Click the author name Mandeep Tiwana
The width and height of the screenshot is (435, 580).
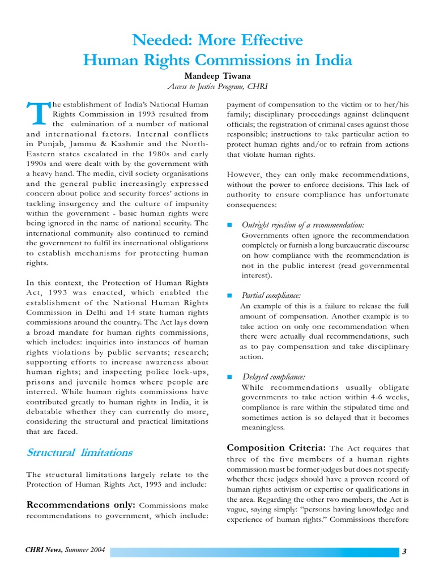pos(217,75)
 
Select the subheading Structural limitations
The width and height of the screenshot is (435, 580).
pos(80,452)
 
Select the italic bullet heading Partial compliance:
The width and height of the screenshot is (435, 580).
pos(271,295)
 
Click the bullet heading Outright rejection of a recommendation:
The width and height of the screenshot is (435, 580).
pos(302,225)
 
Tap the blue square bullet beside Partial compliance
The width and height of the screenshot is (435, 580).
pos(229,296)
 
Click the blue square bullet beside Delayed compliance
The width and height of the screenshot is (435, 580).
pos(229,377)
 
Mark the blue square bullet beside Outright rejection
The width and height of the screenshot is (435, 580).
pos(229,225)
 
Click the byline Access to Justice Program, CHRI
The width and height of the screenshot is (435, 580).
pos(217,87)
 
